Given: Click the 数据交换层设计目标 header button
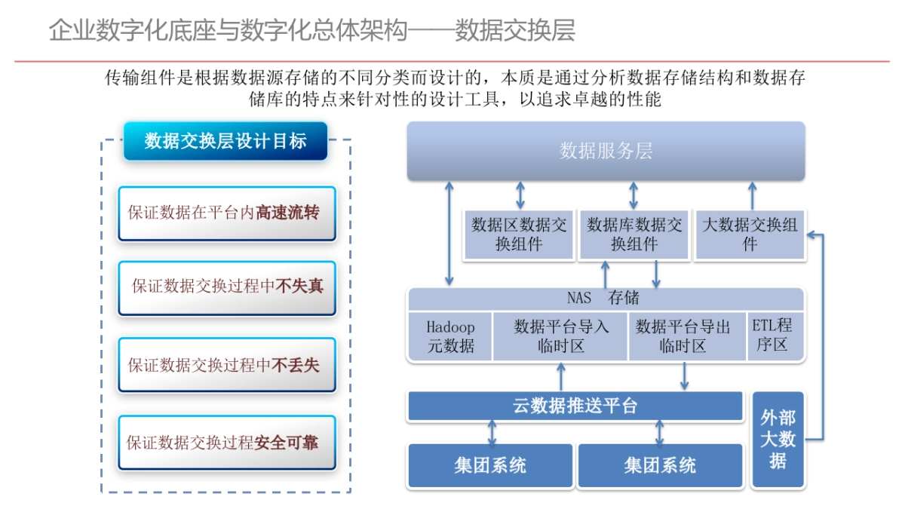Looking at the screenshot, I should tap(225, 141).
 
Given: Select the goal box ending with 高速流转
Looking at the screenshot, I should tap(226, 213).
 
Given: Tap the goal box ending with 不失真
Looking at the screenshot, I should tap(226, 287).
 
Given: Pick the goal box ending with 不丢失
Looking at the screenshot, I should tap(226, 365).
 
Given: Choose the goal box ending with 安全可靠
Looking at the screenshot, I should tap(226, 442).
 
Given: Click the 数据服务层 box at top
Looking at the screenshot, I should tap(606, 151).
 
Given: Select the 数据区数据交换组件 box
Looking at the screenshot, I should tap(519, 235).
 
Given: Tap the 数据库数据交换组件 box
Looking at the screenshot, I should tap(634, 235).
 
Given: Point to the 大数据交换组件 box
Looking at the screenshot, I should tap(750, 235).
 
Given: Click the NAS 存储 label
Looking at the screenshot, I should tap(603, 299).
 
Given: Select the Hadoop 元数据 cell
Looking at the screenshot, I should tap(450, 336).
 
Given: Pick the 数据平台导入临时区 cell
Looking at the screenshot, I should tap(561, 336).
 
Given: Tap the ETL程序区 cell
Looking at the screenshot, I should tap(772, 336).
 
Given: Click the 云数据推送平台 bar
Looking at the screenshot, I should tap(575, 406).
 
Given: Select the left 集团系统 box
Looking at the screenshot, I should tap(490, 465).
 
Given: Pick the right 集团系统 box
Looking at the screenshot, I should tap(660, 465).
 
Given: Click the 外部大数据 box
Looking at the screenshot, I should tap(778, 439).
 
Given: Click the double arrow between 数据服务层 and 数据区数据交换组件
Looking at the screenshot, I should tap(520, 195).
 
